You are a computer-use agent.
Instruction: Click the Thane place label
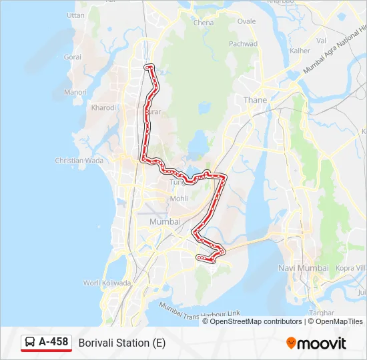tap(256, 100)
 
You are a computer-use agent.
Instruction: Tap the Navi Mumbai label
tap(303, 268)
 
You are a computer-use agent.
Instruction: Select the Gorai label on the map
tap(72, 57)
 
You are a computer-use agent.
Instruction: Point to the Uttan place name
tap(76, 15)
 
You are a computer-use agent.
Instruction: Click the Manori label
tap(75, 92)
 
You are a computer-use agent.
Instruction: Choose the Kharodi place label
tap(103, 107)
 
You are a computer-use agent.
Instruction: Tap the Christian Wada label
tap(79, 161)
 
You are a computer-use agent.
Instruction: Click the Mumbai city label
tap(165, 221)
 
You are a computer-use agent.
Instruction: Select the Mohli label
tap(179, 199)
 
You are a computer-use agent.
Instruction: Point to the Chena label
tap(204, 23)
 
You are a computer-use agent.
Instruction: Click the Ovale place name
tap(247, 21)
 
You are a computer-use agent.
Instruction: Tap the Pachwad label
tap(244, 44)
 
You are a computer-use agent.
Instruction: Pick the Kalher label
tap(300, 51)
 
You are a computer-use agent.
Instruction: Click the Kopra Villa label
tap(350, 268)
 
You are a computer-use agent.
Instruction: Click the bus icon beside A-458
tap(30, 343)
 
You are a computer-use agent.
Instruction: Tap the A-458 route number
tap(53, 342)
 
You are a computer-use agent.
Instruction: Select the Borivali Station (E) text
tap(122, 343)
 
